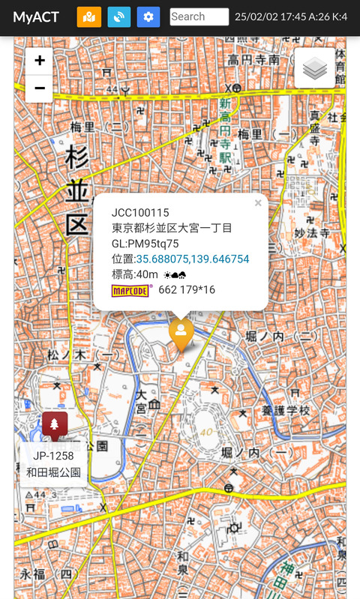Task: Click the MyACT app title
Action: (x=36, y=17)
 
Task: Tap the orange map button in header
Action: (x=88, y=16)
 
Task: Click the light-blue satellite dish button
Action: (x=118, y=16)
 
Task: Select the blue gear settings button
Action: (x=148, y=16)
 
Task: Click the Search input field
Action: (x=199, y=16)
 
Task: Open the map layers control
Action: (x=315, y=69)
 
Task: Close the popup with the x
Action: (x=258, y=203)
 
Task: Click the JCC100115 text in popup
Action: (x=140, y=213)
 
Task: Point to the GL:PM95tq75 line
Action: (x=145, y=244)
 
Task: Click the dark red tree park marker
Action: (x=55, y=426)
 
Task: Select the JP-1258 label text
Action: (x=53, y=457)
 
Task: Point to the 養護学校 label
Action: (x=285, y=411)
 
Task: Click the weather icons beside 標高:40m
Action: (x=175, y=275)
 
